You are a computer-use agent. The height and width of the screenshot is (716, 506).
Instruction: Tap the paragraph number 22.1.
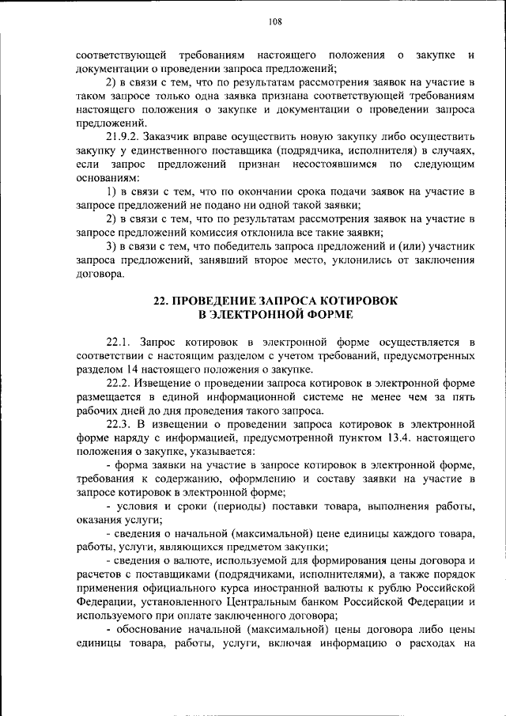pyautogui.click(x=120, y=343)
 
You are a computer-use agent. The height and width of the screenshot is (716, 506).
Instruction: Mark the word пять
pyautogui.click(x=462, y=397)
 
